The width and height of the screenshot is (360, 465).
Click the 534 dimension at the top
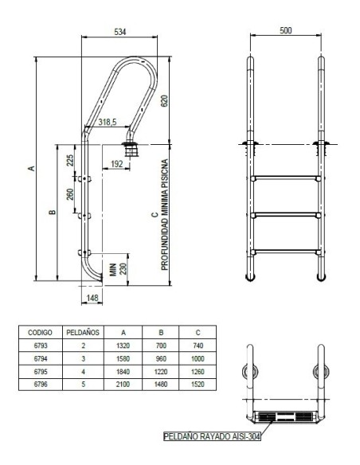click(120, 32)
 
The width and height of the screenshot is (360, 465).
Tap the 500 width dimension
click(286, 30)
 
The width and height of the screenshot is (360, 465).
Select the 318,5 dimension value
click(108, 122)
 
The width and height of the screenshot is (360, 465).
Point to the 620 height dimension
click(164, 101)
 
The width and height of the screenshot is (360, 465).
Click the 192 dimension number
click(116, 164)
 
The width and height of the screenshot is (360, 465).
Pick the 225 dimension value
click(70, 160)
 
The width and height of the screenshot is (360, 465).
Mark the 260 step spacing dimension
click(70, 194)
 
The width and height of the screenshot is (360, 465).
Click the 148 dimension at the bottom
click(92, 298)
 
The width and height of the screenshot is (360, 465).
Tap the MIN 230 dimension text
click(118, 269)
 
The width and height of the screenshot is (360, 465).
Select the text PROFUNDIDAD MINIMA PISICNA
click(165, 215)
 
